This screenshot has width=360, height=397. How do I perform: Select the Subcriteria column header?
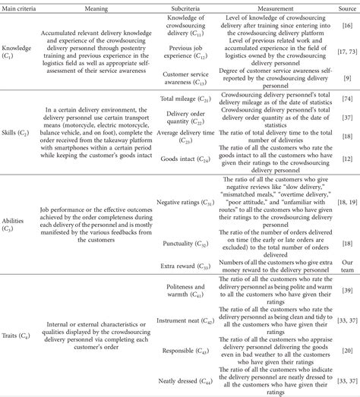click(177, 6)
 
